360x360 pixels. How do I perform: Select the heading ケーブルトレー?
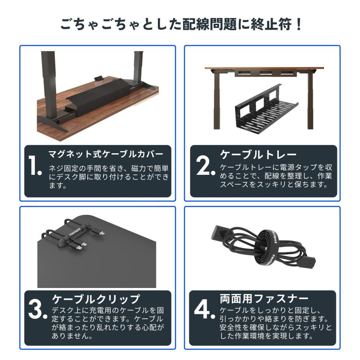[258, 154]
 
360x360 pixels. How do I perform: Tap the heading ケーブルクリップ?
[96, 299]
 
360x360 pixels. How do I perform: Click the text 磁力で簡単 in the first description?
[150, 168]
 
